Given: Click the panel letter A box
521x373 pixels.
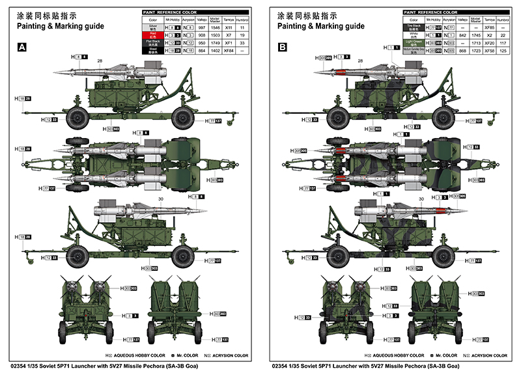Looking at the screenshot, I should [x=21, y=47].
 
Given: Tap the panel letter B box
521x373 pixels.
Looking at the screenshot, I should [x=282, y=47].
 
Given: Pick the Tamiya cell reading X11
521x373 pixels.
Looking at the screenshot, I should [x=228, y=28].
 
